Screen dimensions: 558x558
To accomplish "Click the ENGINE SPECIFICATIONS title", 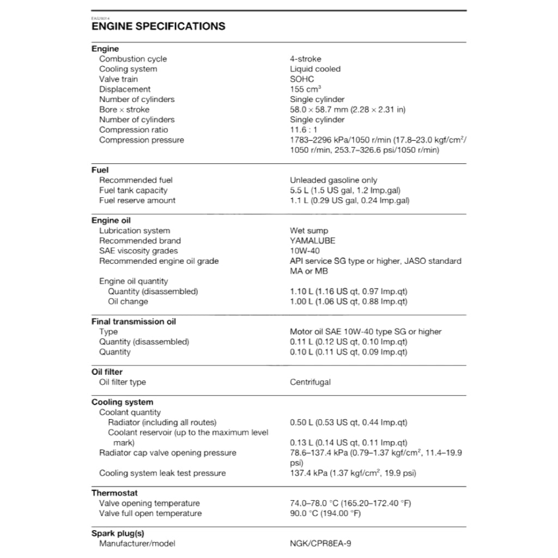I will pyautogui.click(x=158, y=26).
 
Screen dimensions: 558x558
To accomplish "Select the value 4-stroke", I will pyautogui.click(x=305, y=59).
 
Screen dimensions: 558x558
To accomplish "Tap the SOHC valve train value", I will pyautogui.click(x=302, y=79).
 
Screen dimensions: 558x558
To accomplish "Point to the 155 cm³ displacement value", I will pyautogui.click(x=305, y=89).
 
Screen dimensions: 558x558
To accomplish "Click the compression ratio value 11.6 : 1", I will pyautogui.click(x=304, y=130).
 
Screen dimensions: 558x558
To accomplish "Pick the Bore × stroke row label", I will pyautogui.click(x=124, y=110).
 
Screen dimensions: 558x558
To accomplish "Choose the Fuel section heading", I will pyautogui.click(x=100, y=170).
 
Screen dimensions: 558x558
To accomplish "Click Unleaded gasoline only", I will pyautogui.click(x=333, y=180).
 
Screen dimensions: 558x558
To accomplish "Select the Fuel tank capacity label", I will pyautogui.click(x=133, y=190).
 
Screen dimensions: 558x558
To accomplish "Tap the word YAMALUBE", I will pyautogui.click(x=312, y=241).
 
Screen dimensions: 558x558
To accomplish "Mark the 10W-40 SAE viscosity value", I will pyautogui.click(x=305, y=251).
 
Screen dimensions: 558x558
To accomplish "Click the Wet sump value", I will pyautogui.click(x=309, y=231).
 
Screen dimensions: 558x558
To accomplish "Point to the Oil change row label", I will pyautogui.click(x=128, y=301).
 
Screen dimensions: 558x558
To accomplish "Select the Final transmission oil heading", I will pyautogui.click(x=134, y=322).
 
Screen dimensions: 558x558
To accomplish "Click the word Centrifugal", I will pyautogui.click(x=310, y=382).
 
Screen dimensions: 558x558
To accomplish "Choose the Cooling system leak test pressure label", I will pyautogui.click(x=162, y=473).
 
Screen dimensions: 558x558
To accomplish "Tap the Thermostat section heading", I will pyautogui.click(x=114, y=493).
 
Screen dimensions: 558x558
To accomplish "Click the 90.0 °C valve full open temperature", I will pyautogui.click(x=325, y=513).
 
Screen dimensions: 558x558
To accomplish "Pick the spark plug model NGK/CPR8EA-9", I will pyautogui.click(x=324, y=543).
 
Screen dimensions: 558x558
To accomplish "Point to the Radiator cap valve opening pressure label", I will pyautogui.click(x=167, y=453).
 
